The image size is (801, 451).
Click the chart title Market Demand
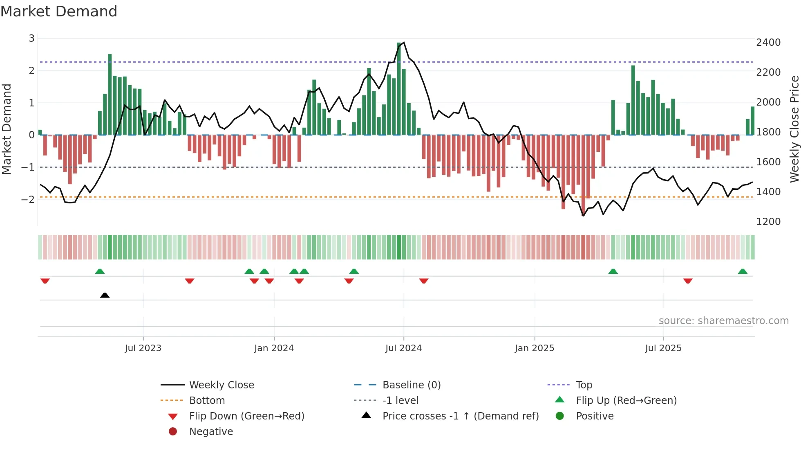point(59,11)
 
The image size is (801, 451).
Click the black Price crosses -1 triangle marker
point(105,295)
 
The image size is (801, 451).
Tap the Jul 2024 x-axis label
point(403,348)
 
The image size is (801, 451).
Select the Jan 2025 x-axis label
point(534,348)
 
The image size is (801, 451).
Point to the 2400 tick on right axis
point(768,43)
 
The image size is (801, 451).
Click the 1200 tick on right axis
point(768,222)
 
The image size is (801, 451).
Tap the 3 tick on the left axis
point(31,38)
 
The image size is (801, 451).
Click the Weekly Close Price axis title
point(794,129)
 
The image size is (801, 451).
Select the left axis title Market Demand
point(7,129)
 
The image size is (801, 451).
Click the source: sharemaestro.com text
point(723,321)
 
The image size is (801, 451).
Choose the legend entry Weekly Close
point(221,385)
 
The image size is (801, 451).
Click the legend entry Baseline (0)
point(411,385)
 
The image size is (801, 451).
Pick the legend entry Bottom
point(207,401)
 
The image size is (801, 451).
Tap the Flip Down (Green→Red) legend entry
point(246,416)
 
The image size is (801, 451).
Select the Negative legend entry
point(211,432)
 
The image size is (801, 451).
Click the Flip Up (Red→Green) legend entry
point(626,401)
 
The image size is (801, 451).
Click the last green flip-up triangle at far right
point(743,271)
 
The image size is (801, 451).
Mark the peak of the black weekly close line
point(404,42)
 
